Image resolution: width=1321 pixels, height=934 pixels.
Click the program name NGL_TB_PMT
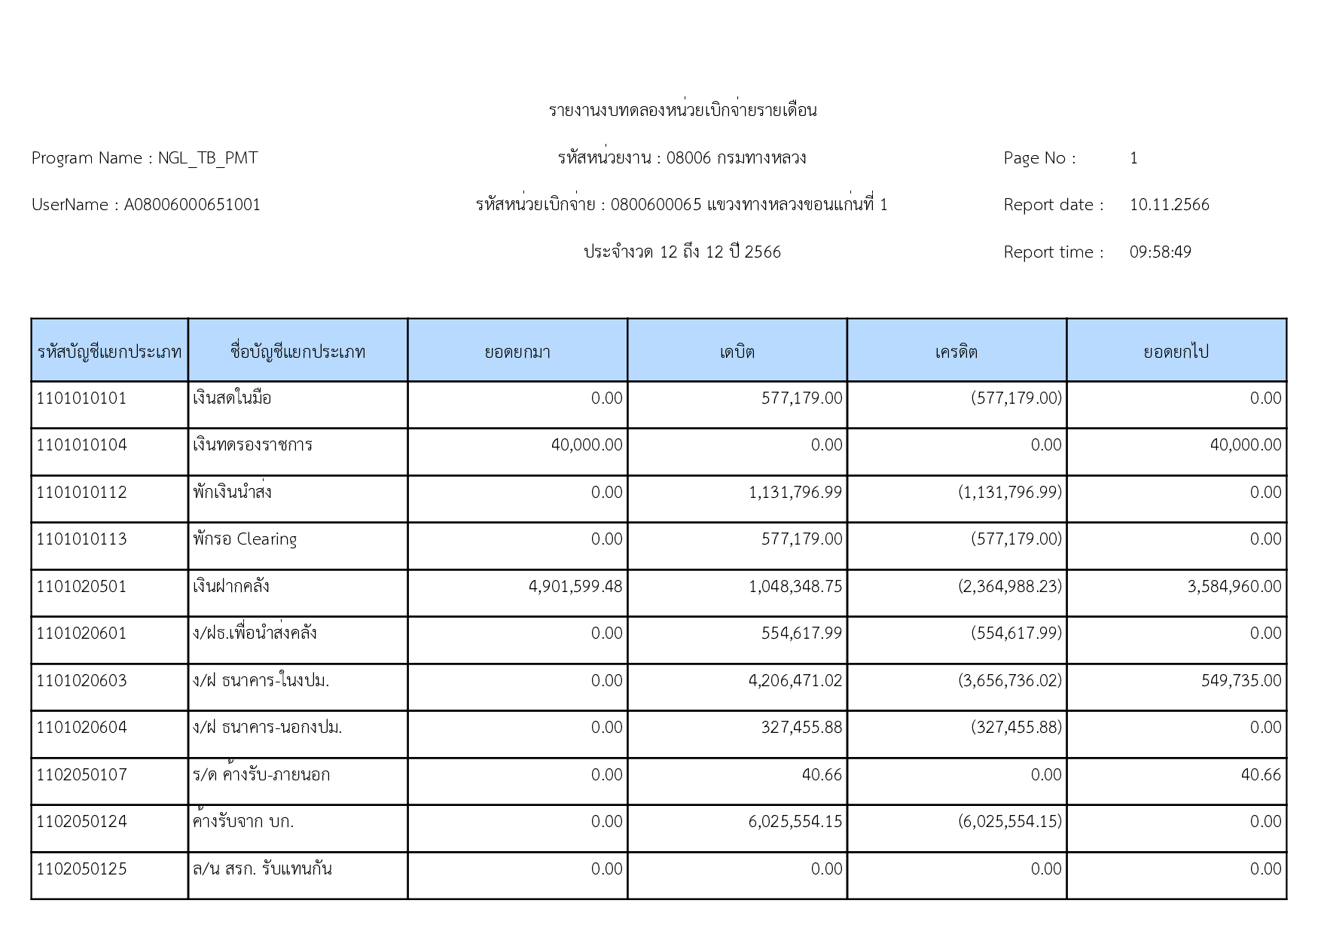pyautogui.click(x=208, y=158)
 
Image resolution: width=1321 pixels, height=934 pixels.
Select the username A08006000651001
pyautogui.click(x=192, y=205)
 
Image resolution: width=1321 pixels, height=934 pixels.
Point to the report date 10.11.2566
pyautogui.click(x=1169, y=205)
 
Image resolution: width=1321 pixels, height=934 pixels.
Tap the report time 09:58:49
pyautogui.click(x=1160, y=252)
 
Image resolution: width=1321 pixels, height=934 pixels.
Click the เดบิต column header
pyautogui.click(x=737, y=352)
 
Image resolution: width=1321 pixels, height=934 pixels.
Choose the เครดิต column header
pyautogui.click(x=956, y=352)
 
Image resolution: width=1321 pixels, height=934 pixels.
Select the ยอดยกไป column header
pyautogui.click(x=1176, y=352)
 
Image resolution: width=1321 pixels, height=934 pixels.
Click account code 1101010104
pyautogui.click(x=82, y=445)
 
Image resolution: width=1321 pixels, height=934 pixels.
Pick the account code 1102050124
pyautogui.click(x=82, y=822)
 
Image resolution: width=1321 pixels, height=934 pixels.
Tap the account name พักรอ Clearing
pyautogui.click(x=245, y=539)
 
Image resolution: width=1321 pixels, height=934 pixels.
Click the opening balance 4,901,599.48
pyautogui.click(x=575, y=587)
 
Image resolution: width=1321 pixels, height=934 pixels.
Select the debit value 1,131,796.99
pyautogui.click(x=795, y=493)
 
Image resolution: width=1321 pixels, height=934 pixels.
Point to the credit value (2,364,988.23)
pyautogui.click(x=1010, y=587)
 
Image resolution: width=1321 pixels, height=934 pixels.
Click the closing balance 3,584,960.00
pyautogui.click(x=1234, y=587)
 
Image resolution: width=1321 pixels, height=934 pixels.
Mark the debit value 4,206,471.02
pyautogui.click(x=795, y=681)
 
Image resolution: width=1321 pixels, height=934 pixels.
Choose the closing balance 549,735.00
pyautogui.click(x=1241, y=681)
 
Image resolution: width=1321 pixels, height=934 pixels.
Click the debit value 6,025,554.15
pyautogui.click(x=795, y=822)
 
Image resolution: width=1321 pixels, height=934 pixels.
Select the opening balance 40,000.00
pyautogui.click(x=587, y=445)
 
